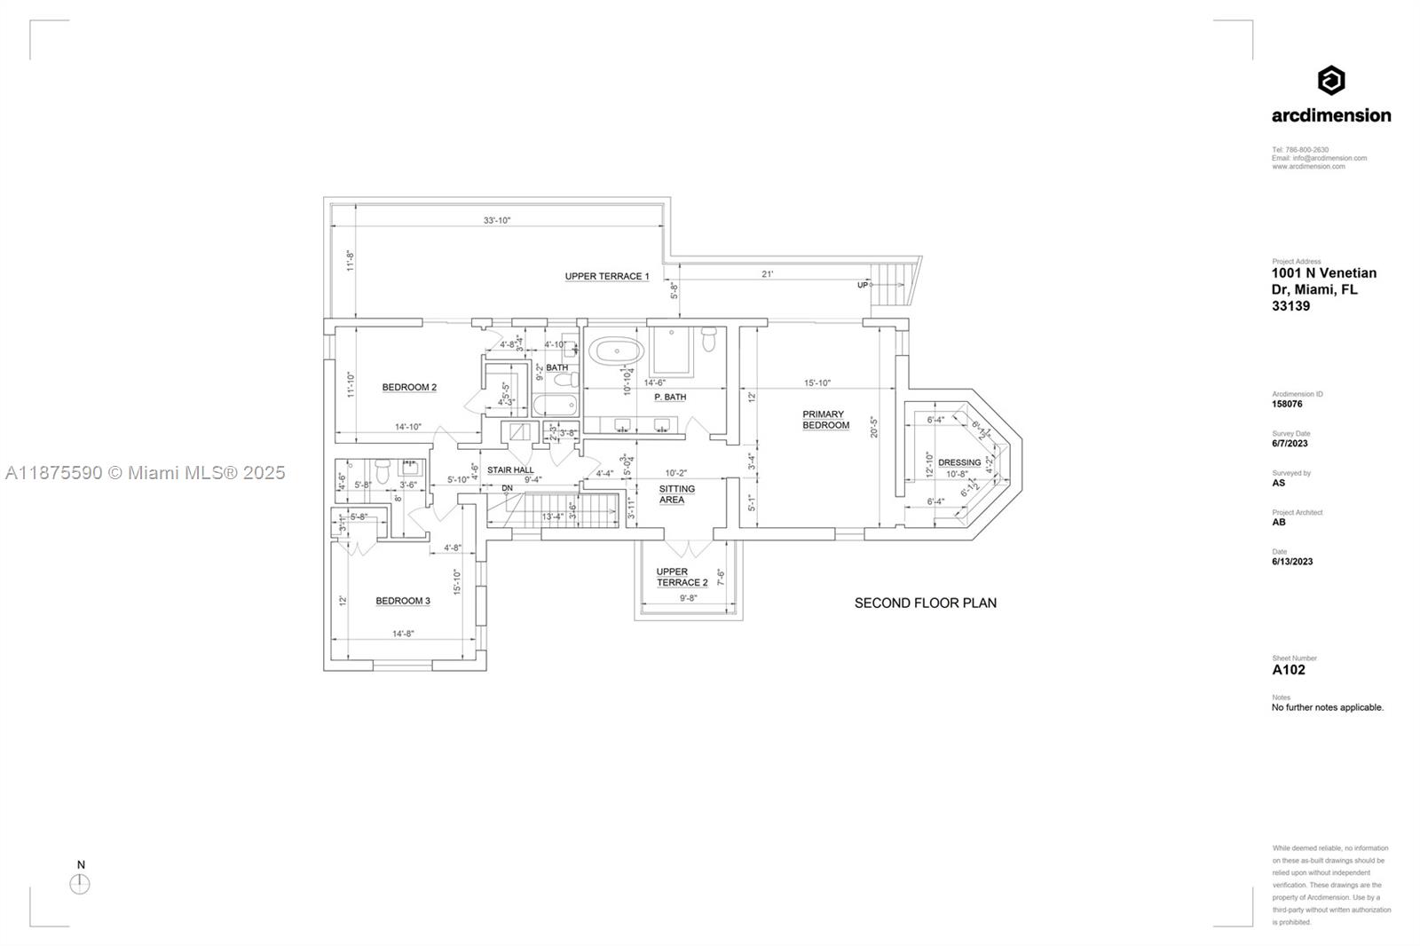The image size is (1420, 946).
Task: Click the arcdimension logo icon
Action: pyautogui.click(x=1330, y=81)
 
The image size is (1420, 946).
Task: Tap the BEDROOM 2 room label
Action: pyautogui.click(x=409, y=387)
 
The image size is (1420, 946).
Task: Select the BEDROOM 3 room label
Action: pyautogui.click(x=403, y=601)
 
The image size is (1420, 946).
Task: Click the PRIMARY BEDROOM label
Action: pyautogui.click(x=825, y=420)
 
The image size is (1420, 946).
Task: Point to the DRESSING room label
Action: pyautogui.click(x=959, y=462)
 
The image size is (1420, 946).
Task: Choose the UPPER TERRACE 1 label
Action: pyautogui.click(x=607, y=277)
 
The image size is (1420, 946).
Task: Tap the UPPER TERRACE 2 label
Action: pyautogui.click(x=682, y=578)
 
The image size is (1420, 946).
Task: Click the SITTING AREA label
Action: pyautogui.click(x=676, y=494)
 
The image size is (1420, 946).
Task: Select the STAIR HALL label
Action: pyautogui.click(x=510, y=469)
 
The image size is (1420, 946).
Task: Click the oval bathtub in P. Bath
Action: pyautogui.click(x=617, y=351)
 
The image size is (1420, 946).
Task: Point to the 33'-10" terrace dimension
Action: pyautogui.click(x=497, y=221)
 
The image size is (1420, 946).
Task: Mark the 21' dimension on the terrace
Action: pyautogui.click(x=767, y=274)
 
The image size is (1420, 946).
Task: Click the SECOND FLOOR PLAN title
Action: pyautogui.click(x=925, y=603)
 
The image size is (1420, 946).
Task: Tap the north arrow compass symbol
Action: pyautogui.click(x=80, y=884)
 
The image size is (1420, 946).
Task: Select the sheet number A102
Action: pyautogui.click(x=1289, y=670)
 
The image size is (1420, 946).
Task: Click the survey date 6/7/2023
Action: pyautogui.click(x=1290, y=444)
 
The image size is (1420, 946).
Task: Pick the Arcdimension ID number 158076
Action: pyautogui.click(x=1287, y=404)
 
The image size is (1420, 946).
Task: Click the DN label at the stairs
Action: pyautogui.click(x=507, y=488)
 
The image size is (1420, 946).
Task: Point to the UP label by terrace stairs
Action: pyautogui.click(x=862, y=286)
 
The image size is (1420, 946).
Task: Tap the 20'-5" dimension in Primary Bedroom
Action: pyautogui.click(x=875, y=428)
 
